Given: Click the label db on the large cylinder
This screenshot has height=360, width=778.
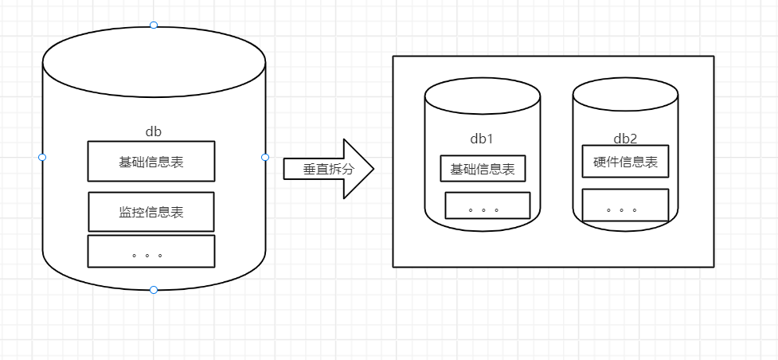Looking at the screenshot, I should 154,131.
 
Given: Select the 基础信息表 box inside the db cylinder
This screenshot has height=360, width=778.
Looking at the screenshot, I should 151,162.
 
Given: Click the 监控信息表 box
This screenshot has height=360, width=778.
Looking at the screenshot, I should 151,212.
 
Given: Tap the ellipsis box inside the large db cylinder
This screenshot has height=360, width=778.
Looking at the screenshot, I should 151,251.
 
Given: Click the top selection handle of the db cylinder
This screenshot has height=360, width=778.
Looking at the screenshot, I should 154,25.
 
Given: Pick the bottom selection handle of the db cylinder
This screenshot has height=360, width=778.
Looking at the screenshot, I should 154,290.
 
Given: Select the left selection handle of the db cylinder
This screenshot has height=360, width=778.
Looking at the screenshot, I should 42,158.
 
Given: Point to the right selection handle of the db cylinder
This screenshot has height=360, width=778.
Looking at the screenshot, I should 265,158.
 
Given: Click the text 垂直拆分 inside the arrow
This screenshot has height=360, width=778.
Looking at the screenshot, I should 323,169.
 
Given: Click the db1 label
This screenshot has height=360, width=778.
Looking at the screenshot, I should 482,139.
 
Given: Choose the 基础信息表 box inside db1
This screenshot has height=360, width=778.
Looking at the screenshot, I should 483,169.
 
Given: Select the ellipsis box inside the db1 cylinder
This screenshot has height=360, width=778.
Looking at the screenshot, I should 487,205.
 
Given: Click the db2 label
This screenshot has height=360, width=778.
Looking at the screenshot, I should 625,139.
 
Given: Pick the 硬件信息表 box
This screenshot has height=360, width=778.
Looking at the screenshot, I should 625,162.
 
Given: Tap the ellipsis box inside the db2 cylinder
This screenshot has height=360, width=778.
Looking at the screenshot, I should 625,205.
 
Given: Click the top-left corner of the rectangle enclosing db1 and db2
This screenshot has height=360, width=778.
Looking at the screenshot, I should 393,57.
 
